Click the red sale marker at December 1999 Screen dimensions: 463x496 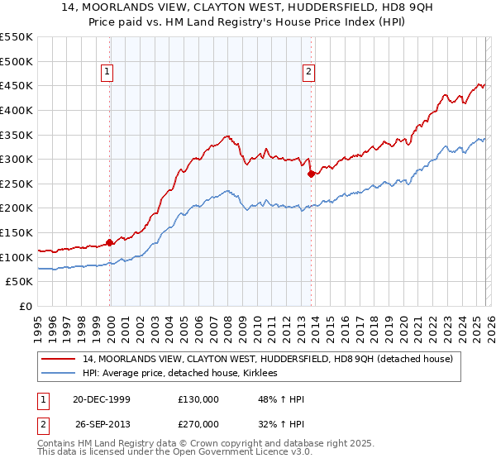click(x=110, y=243)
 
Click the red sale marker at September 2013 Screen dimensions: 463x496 click(x=310, y=174)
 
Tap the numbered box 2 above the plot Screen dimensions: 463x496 click(x=308, y=73)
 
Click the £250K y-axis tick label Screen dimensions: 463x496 click(x=17, y=184)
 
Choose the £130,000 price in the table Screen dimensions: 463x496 click(x=198, y=399)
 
